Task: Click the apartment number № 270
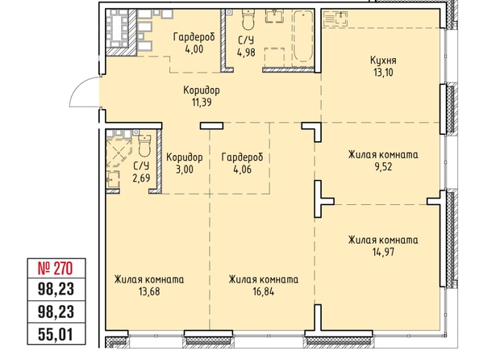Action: pos(56,268)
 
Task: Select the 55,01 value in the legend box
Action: pos(56,334)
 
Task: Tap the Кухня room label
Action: pos(383,61)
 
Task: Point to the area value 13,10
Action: pos(383,73)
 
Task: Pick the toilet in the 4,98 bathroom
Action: pos(248,19)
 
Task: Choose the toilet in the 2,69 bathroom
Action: pos(144,145)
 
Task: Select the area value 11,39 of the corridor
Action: pos(202,103)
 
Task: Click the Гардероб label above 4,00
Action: pos(194,37)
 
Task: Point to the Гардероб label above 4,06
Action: pos(242,157)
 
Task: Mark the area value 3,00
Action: pos(185,170)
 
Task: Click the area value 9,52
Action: pos(383,167)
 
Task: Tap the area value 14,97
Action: pos(383,252)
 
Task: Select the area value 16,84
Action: pos(264,291)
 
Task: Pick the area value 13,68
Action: pos(149,291)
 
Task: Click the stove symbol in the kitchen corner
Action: pos(335,19)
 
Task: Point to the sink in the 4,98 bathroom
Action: pos(274,16)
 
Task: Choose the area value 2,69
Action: pos(141,178)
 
